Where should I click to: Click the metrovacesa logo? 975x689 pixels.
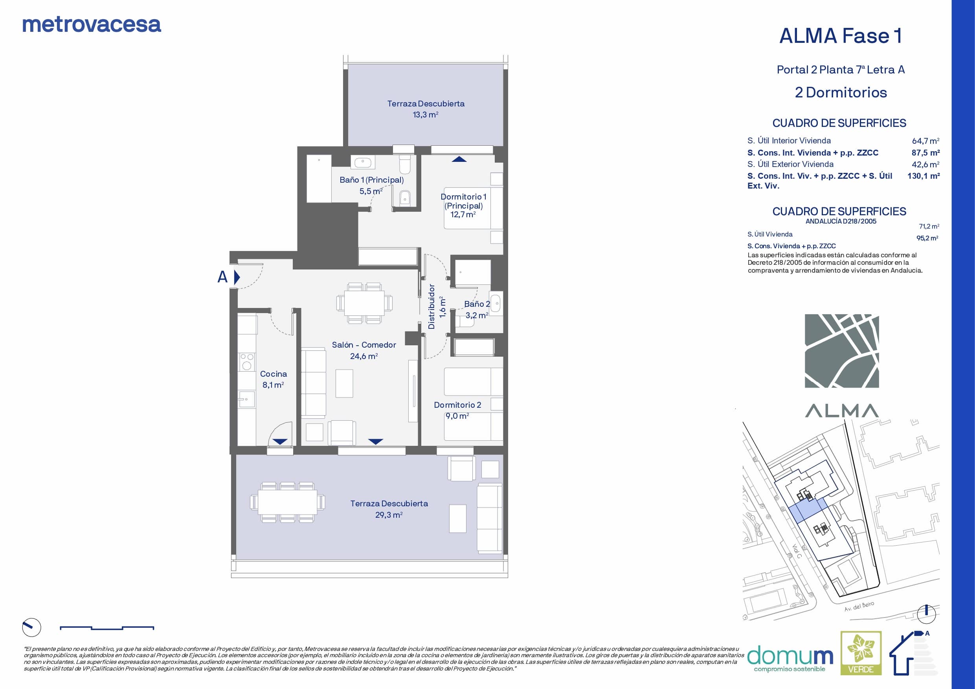pos(92,25)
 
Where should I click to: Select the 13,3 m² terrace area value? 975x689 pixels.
pos(426,115)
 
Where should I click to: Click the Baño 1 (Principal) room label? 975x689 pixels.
pos(372,180)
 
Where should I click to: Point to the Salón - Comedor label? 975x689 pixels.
pos(364,345)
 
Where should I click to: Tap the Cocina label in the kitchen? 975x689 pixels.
pos(274,374)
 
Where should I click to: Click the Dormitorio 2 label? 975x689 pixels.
pos(457,405)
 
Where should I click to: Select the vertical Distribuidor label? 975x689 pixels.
pos(431,306)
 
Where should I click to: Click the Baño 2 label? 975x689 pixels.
pos(477,304)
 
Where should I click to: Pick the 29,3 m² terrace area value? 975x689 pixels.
pos(389,515)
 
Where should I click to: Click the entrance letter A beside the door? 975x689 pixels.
pos(222,277)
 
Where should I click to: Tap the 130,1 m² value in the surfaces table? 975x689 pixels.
pos(923,176)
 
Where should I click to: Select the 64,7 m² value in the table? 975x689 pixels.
pos(925,141)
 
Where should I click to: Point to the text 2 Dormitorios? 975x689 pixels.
pos(841,93)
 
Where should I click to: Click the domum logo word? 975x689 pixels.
pos(790,656)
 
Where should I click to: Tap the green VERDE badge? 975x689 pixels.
pos(861,659)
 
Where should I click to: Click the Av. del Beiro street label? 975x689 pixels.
pos(859,606)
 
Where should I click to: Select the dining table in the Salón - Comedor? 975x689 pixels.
pos(364,303)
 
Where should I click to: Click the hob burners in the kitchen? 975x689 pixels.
pos(247,362)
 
